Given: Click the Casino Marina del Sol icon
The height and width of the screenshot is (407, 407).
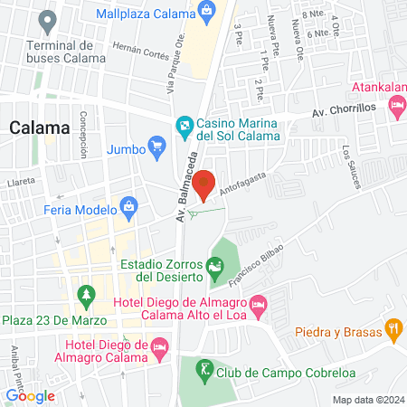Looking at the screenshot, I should tap(184, 123).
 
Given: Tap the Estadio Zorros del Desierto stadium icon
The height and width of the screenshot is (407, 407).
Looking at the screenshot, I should tap(214, 266).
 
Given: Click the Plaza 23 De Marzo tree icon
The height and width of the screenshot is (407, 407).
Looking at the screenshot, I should tap(87, 295).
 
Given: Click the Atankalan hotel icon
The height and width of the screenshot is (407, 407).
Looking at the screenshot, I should tap(396, 106).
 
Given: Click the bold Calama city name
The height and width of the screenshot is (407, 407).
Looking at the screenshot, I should tap(39, 128).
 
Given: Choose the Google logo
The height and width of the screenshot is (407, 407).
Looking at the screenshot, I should tap(30, 395).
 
